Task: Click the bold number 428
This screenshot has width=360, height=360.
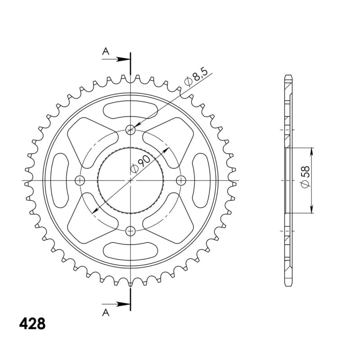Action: click(x=32, y=324)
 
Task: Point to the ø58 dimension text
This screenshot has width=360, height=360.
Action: click(x=306, y=176)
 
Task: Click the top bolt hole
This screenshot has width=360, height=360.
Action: click(x=130, y=130)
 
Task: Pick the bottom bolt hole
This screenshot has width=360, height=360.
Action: click(x=130, y=231)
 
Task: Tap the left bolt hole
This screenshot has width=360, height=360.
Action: click(x=80, y=180)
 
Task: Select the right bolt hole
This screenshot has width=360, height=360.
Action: click(x=181, y=180)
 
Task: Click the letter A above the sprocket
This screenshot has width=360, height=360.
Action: click(x=106, y=51)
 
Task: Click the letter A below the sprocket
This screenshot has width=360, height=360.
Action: click(x=106, y=312)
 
